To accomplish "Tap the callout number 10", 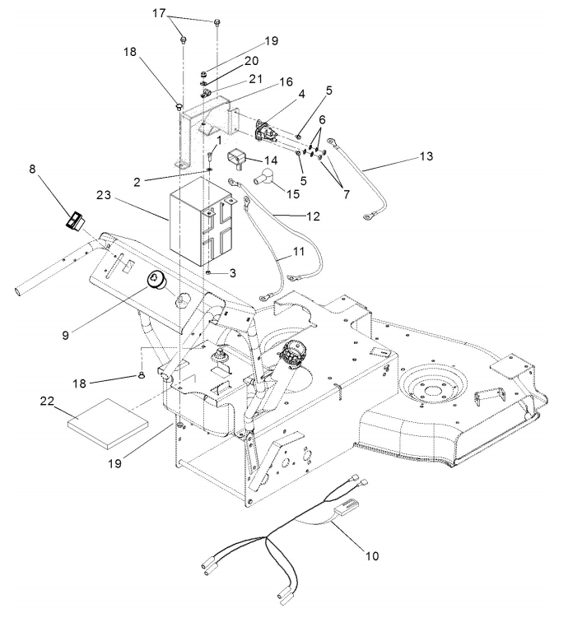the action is pyautogui.click(x=372, y=555).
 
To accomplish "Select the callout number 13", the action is pyautogui.click(x=426, y=156).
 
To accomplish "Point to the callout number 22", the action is pyautogui.click(x=47, y=400).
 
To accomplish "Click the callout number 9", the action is pyautogui.click(x=66, y=335).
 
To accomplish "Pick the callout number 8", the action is pyautogui.click(x=32, y=169).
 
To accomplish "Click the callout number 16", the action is pyautogui.click(x=286, y=81).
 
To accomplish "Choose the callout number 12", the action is pyautogui.click(x=313, y=216).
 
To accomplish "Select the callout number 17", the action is pyautogui.click(x=159, y=13).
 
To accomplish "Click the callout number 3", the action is pyautogui.click(x=233, y=273).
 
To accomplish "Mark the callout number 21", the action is pyautogui.click(x=255, y=79).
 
